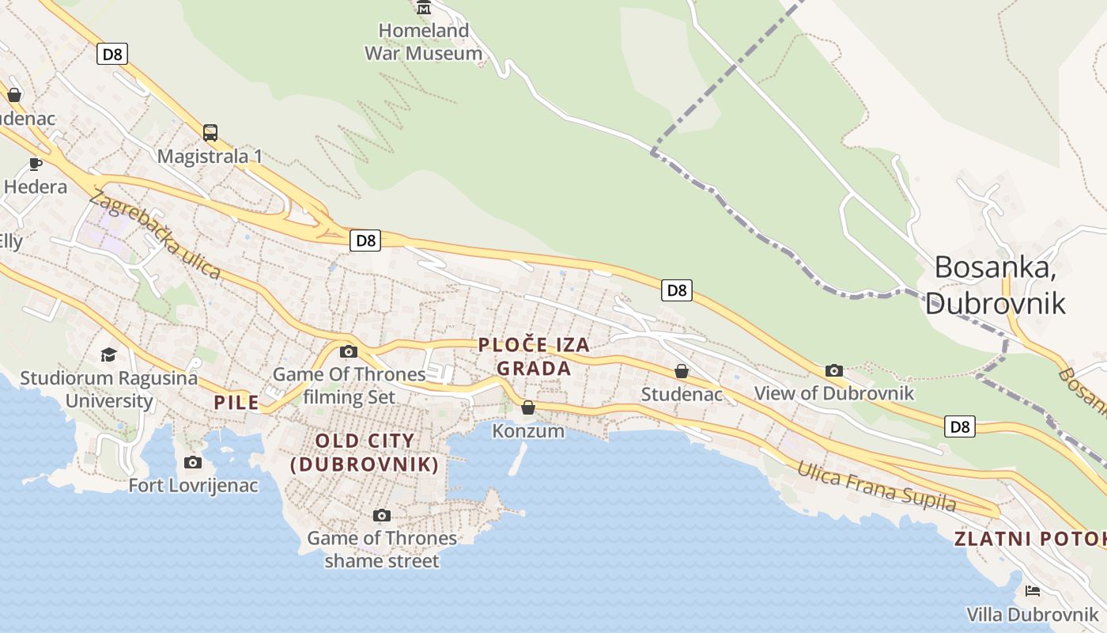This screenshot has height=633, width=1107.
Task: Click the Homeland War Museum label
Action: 423,42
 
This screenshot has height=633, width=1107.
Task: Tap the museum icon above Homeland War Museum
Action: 424,9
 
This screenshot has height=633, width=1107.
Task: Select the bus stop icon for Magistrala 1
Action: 210,132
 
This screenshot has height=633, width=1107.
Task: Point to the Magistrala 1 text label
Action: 210,156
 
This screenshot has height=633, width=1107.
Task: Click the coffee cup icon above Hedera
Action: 35,164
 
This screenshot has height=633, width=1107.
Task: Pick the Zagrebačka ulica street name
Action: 155,234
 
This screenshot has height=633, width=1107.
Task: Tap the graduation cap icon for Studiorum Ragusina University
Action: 108,354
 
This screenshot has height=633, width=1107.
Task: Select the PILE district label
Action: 236,403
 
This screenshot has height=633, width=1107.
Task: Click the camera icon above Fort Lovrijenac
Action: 192,462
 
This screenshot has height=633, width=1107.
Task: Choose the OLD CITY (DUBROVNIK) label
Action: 365,453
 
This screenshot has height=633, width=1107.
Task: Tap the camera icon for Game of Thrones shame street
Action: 381,516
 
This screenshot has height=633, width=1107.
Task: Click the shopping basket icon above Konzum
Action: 528,407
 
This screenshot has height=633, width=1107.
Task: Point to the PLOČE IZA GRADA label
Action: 534,356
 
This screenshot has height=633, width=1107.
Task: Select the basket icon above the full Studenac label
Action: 681,370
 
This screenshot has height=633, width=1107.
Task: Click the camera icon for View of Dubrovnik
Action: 833,370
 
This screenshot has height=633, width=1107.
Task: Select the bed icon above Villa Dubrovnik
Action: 1032,590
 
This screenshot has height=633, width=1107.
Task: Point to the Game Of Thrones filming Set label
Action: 349,385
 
